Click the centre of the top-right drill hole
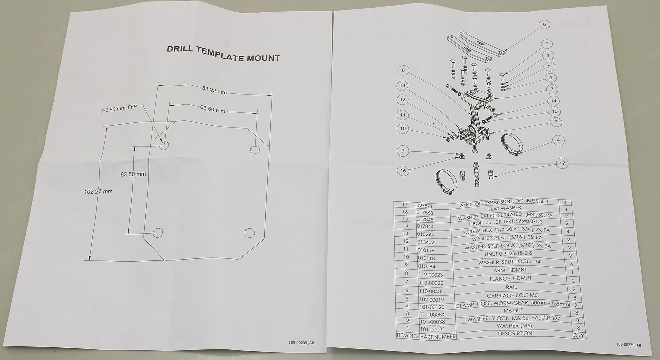pos(255,149)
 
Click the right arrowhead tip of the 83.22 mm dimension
pos(272,94)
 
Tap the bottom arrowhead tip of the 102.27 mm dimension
pos(90,261)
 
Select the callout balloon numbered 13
pos(402,86)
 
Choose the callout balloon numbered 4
pos(558,140)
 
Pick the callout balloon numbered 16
pos(403,171)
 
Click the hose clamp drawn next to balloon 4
pos(510,144)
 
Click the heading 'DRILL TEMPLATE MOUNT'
pos(223,53)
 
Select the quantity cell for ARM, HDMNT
pos(572,273)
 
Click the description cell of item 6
pos(511,287)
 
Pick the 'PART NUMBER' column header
pos(438,336)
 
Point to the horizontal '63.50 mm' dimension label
pos(212,109)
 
